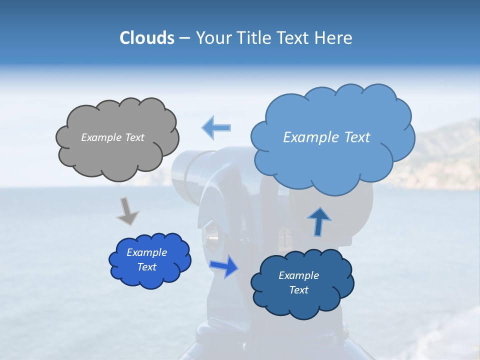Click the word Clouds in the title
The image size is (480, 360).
tap(146, 38)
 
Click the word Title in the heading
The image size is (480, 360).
tap(254, 38)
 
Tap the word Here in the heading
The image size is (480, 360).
tap(334, 38)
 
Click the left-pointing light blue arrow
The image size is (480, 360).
tap(216, 127)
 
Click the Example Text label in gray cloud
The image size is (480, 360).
tap(112, 137)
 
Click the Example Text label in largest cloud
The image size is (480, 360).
tap(326, 137)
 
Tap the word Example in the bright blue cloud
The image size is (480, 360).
tap(146, 252)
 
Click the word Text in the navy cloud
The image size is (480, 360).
tap(298, 290)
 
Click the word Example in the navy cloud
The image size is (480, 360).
tap(298, 275)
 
